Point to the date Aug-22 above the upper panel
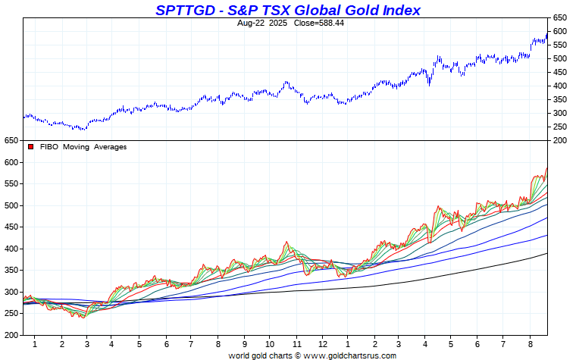tap(252, 23)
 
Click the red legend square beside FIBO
tap(31, 147)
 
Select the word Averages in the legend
tap(111, 147)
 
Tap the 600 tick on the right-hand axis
tap(559, 31)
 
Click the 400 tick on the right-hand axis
tap(559, 86)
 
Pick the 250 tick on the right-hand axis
tap(559, 127)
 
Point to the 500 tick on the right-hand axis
tap(559, 58)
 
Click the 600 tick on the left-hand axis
tap(10, 162)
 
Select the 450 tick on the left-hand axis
tap(10, 227)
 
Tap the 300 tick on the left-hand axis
tap(10, 292)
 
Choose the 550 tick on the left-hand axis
tap(10, 184)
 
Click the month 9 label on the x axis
tap(244, 344)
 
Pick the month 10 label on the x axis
tap(270, 344)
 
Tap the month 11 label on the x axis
tap(296, 344)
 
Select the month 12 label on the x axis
tap(322, 344)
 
